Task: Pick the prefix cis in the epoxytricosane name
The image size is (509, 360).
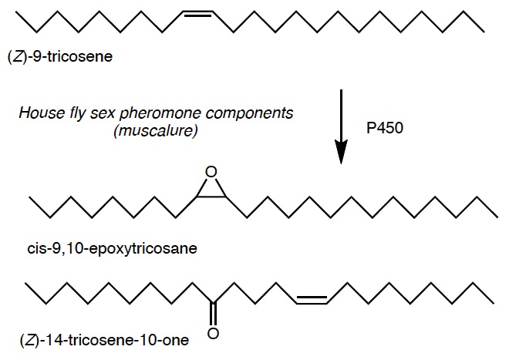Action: click(x=34, y=249)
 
